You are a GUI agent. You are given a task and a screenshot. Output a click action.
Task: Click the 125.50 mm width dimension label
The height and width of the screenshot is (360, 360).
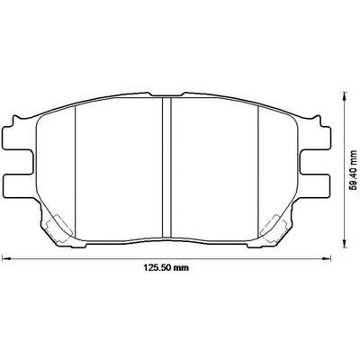click(166, 267)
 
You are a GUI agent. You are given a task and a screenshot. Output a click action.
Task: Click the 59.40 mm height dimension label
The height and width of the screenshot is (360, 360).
click(355, 170)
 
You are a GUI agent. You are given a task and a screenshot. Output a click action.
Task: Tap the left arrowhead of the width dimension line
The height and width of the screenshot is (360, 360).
click(6, 257)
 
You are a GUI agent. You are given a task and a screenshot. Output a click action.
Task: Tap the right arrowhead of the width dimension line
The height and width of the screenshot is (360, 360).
click(326, 257)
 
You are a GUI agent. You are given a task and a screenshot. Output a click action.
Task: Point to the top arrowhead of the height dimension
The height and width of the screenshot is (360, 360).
click(346, 96)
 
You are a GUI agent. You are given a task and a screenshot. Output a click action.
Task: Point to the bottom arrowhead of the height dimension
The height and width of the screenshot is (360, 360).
click(346, 244)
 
